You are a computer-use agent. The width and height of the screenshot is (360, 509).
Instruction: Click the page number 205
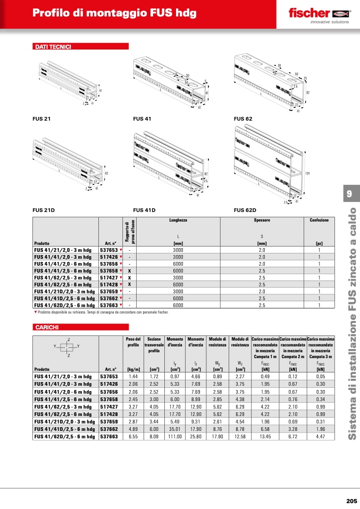point(351,500)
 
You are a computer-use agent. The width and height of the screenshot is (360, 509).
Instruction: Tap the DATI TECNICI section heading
point(53,47)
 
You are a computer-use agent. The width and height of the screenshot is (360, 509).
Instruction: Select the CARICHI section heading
point(47,327)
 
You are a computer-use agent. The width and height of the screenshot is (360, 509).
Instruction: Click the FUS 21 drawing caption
point(41,119)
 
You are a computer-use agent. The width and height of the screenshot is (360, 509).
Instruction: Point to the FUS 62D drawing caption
point(245,210)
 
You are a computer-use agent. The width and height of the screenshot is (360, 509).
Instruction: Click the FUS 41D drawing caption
point(144,210)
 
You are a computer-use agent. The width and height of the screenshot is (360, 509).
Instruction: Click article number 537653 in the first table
point(109,249)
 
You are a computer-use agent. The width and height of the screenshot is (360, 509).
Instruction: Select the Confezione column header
point(319,220)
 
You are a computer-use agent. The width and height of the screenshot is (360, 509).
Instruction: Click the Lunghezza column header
point(178,220)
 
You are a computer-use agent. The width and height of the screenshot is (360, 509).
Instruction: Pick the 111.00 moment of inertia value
point(175,436)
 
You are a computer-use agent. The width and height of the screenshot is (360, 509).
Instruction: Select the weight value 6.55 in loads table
point(133,436)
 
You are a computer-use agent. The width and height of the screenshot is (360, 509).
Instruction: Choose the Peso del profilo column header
point(133,342)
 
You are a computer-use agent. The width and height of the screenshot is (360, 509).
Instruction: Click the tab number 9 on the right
point(349,194)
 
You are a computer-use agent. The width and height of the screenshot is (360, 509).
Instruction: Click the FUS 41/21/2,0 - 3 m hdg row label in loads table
point(64,376)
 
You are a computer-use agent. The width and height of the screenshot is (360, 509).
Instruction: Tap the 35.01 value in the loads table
point(175,428)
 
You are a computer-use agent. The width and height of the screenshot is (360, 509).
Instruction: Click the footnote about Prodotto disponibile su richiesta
point(101,312)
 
